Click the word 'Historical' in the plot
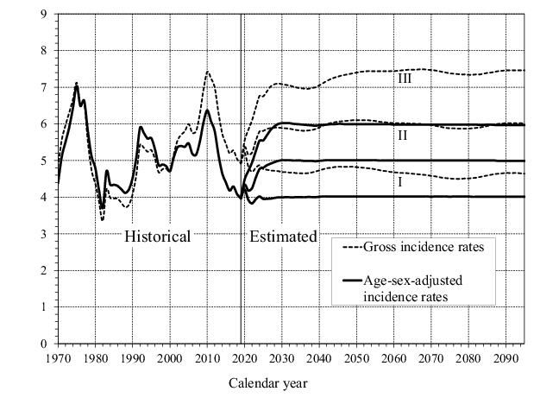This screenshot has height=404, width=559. tap(157, 236)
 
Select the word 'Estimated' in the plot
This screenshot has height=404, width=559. tap(283, 236)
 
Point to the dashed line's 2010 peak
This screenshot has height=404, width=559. tap(207, 72)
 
